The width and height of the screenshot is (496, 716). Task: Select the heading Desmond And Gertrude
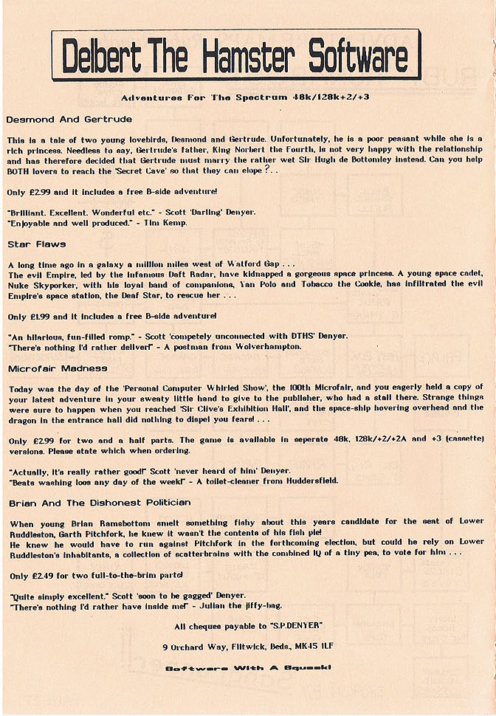pos(69,119)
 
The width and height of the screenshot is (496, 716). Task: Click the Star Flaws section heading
pos(36,243)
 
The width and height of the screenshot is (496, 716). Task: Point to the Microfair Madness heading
pos(58,367)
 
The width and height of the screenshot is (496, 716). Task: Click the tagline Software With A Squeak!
pos(247,668)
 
